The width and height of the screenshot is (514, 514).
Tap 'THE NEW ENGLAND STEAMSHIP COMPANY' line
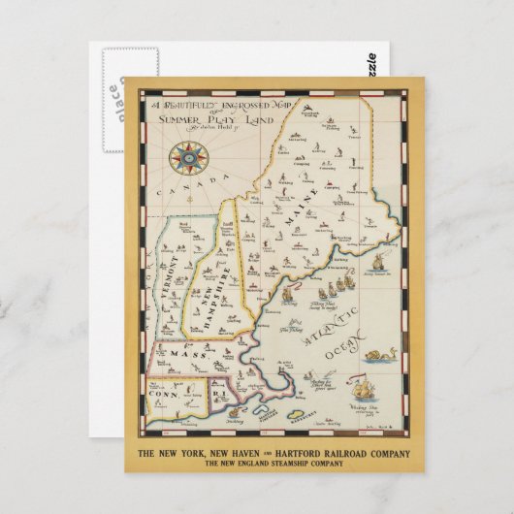(273, 465)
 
